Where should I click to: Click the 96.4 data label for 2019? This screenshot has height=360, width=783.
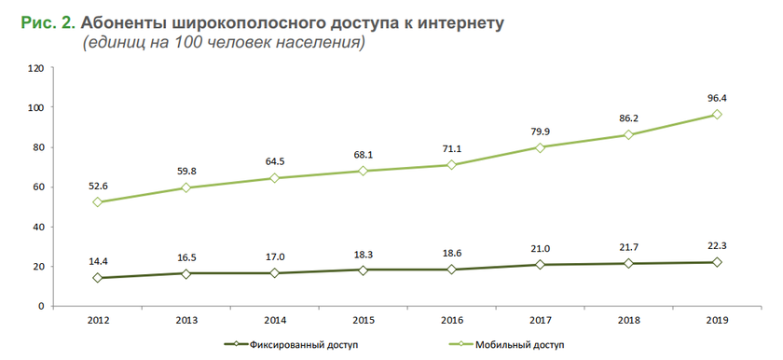click(717, 97)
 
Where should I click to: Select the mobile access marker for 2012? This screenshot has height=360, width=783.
click(97, 202)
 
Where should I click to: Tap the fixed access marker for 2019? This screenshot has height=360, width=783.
click(717, 262)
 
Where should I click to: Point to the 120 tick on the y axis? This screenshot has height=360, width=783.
click(36, 69)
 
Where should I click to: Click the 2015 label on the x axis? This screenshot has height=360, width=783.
click(363, 320)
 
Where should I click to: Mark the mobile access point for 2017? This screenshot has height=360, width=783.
click(540, 147)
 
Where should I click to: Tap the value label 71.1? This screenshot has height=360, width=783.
click(451, 147)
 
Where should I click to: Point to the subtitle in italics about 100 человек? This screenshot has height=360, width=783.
click(223, 43)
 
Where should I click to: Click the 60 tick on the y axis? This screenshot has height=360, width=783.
click(38, 187)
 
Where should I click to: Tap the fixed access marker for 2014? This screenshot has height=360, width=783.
click(274, 273)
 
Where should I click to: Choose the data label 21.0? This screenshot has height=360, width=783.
click(540, 248)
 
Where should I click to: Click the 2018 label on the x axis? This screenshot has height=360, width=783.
click(628, 320)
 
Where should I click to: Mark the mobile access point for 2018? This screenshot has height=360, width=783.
click(628, 135)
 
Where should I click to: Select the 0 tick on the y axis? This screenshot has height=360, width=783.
click(41, 306)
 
